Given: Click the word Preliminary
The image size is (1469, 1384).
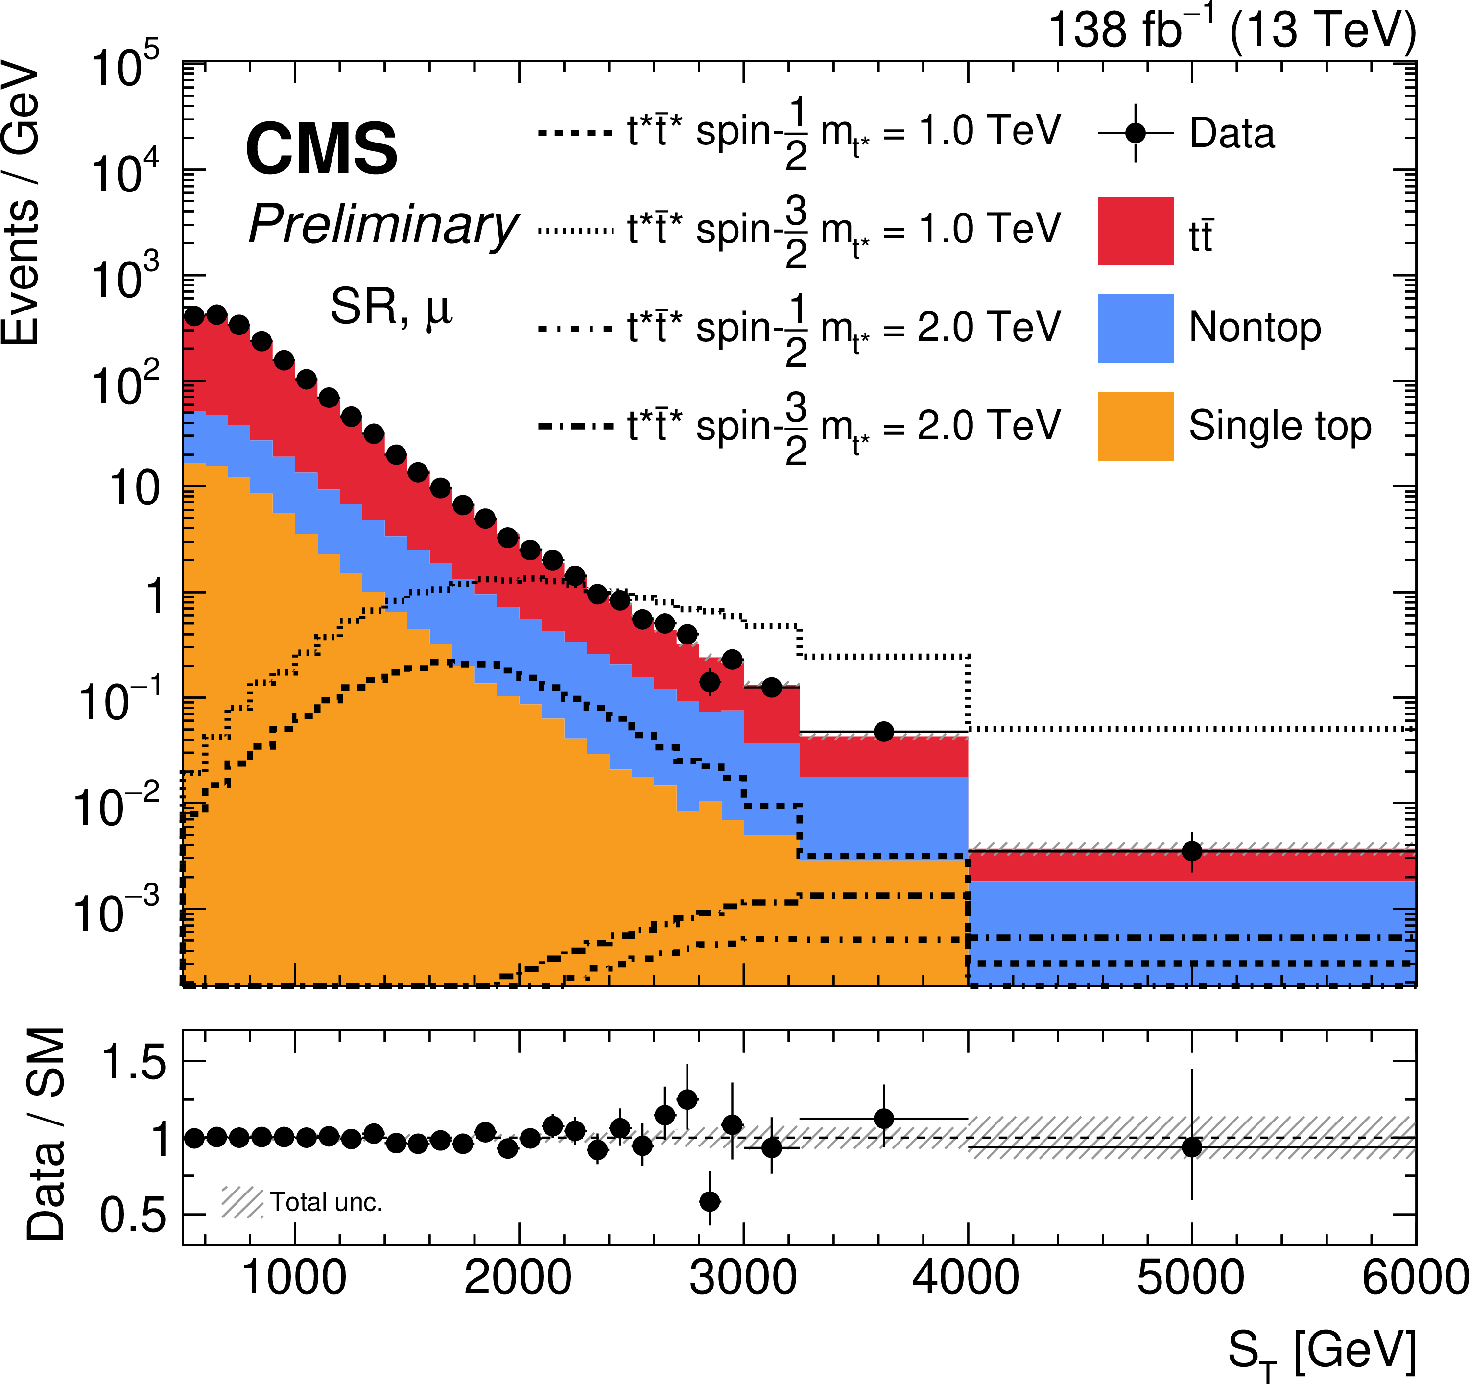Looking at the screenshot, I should point(383,225).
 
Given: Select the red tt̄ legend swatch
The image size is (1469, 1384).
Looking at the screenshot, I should point(1135,231).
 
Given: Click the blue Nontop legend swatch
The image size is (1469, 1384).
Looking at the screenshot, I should point(1135,328).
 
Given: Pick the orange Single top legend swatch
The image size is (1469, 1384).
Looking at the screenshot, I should point(1135,427).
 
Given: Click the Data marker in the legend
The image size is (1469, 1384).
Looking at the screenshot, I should point(1135,134).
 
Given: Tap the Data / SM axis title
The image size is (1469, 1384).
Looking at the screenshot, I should point(46,1134).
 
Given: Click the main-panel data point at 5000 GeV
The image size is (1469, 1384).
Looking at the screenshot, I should point(1191,851).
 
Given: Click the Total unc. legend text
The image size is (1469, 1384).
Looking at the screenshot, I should point(326,1202).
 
